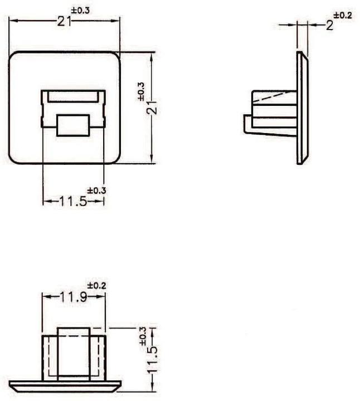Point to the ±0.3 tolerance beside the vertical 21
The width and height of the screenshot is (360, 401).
click(141, 91)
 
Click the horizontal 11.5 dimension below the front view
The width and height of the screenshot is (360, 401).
click(73, 201)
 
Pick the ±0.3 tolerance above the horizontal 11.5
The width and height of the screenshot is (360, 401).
click(96, 190)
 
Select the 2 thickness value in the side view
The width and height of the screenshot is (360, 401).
click(329, 25)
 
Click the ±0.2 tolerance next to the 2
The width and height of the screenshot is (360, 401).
click(344, 16)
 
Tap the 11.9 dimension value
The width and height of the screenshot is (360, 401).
click(74, 297)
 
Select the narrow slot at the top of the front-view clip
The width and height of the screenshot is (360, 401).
click(73, 97)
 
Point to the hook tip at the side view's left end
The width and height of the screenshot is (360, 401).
click(247, 124)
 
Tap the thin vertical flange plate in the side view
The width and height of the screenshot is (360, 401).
click(301, 109)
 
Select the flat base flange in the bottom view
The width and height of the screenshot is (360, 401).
click(65, 385)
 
